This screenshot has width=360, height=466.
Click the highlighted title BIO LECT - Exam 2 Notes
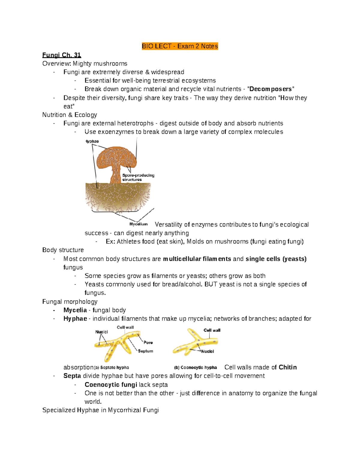tap(180, 46)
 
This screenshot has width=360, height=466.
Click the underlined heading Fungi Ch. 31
tap(61, 55)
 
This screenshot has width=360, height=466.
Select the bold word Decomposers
tap(270, 89)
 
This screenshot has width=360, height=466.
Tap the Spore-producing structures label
tap(138, 177)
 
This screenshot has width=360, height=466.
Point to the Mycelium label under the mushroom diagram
tap(138, 224)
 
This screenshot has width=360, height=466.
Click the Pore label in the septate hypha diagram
tap(148, 342)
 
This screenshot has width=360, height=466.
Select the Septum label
tap(145, 351)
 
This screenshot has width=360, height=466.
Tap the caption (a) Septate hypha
tap(112, 368)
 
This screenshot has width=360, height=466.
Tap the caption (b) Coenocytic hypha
tap(196, 368)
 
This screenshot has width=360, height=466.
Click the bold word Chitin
tap(287, 367)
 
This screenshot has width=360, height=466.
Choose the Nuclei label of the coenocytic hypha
tap(207, 351)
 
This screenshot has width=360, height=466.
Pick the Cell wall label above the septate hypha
tap(125, 327)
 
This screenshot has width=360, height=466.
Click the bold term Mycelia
tap(75, 310)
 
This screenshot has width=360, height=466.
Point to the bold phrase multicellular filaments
tap(197, 259)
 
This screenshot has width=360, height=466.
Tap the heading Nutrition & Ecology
tap(70, 115)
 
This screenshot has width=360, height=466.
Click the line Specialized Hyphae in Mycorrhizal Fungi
tap(100, 410)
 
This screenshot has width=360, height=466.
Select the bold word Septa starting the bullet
tap(72, 376)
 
